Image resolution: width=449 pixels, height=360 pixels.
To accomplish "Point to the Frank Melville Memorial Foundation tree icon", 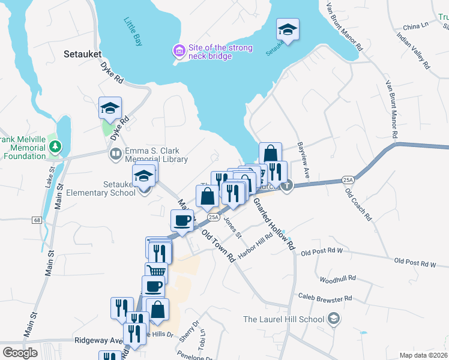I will pos(55,146).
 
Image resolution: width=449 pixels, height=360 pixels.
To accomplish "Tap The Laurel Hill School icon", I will pos(334,319).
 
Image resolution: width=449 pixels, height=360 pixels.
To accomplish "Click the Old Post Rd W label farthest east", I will pos(415,263).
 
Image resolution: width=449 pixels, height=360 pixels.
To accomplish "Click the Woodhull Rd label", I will pos(338,279).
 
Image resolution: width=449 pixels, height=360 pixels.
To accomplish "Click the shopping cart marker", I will pos(156,272).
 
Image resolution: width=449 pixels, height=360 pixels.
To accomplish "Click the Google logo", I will pos(20,352).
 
